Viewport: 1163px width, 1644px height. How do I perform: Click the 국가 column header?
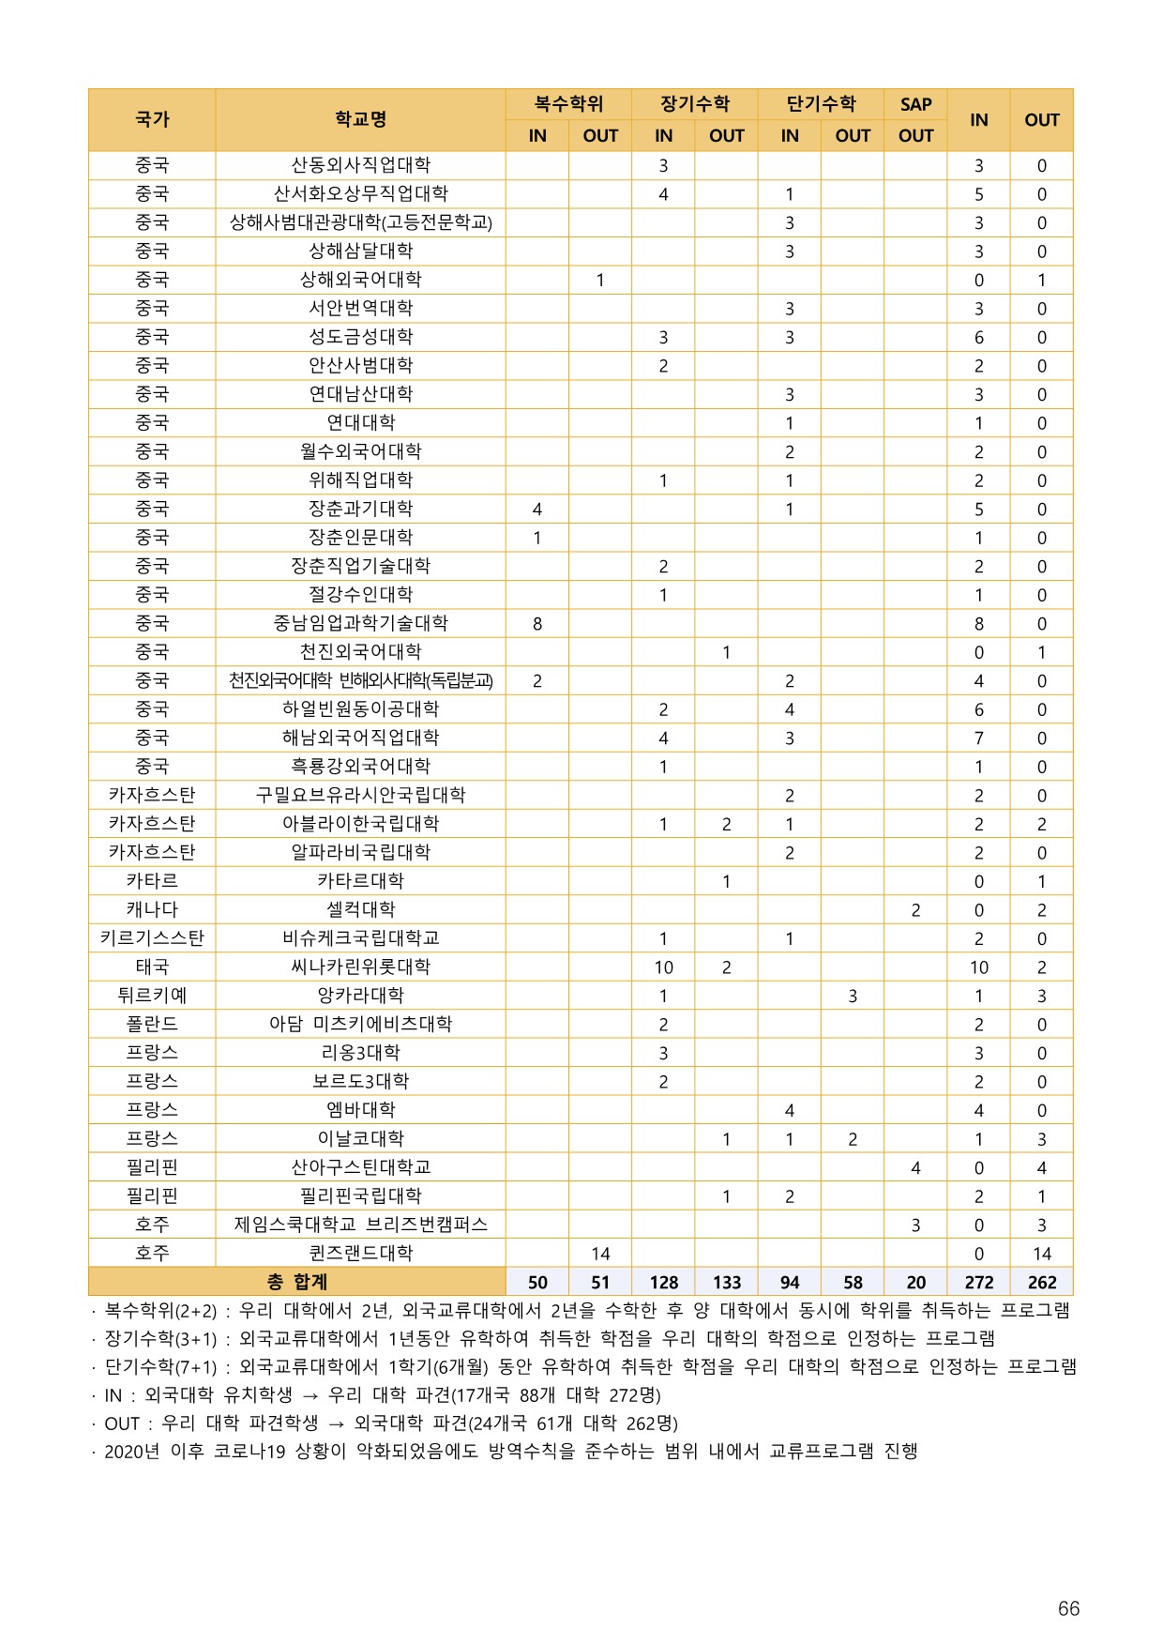(x=152, y=120)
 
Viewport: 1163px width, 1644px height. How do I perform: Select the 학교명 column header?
(x=360, y=120)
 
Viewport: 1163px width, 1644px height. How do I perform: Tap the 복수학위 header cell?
(x=568, y=104)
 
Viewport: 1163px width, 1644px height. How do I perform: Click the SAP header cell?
(x=915, y=104)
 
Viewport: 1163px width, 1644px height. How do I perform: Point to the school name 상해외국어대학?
(x=360, y=280)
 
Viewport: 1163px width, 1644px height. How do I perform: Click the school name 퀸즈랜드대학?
(x=360, y=1253)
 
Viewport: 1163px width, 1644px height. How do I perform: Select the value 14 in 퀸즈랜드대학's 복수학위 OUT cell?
(x=600, y=1254)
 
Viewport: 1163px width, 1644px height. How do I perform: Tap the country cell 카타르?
(x=152, y=881)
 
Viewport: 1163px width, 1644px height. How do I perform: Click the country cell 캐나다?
(x=152, y=909)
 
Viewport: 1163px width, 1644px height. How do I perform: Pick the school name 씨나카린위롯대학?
(x=360, y=967)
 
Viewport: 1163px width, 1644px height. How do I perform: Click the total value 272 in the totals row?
(x=978, y=1283)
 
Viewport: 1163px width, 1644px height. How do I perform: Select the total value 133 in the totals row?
(x=726, y=1283)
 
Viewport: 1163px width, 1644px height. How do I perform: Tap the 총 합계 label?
(x=296, y=1282)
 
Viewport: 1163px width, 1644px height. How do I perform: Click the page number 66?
(x=1068, y=1608)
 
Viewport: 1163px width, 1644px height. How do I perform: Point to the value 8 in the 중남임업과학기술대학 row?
(x=537, y=624)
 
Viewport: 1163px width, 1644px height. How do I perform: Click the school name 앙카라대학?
(x=360, y=996)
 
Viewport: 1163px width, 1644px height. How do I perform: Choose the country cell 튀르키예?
(x=152, y=996)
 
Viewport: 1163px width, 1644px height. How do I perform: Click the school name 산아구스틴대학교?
(x=360, y=1167)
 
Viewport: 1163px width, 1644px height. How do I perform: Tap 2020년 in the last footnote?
(x=131, y=1452)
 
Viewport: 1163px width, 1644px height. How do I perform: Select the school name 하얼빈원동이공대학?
(x=360, y=709)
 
